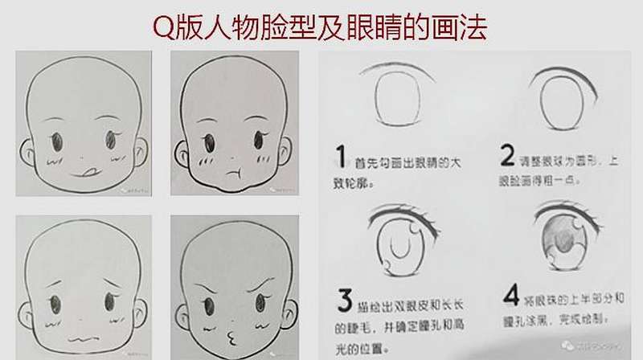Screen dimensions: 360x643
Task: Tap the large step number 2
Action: (x=507, y=154)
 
